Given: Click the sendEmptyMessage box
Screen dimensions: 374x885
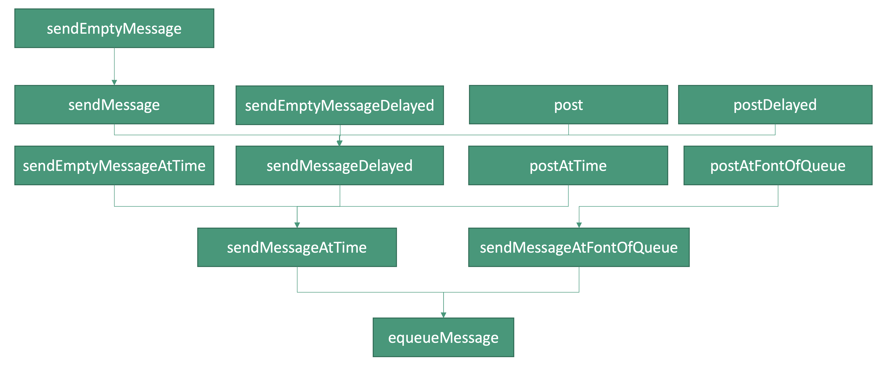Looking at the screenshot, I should pyautogui.click(x=114, y=28).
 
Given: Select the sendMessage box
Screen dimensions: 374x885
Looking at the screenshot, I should pyautogui.click(x=114, y=105).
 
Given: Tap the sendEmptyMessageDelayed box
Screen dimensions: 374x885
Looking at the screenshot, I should pyautogui.click(x=340, y=105).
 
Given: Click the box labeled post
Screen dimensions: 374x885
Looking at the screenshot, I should pyautogui.click(x=568, y=105).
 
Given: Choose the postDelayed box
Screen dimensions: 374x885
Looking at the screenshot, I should pyautogui.click(x=775, y=105).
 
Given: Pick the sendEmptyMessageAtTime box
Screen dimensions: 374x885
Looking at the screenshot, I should pyautogui.click(x=114, y=165).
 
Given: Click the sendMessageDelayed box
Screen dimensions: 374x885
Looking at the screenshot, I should pyautogui.click(x=340, y=165).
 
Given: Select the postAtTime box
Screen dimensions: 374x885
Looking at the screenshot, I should pyautogui.click(x=568, y=165).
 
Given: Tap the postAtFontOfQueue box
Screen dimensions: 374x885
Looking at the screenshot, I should pyautogui.click(x=778, y=165).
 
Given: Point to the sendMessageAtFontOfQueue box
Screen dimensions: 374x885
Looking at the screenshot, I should pyautogui.click(x=579, y=247).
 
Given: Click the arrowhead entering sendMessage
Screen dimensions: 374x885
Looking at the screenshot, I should pyautogui.click(x=114, y=82).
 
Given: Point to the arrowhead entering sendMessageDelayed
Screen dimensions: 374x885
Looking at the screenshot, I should pyautogui.click(x=340, y=143).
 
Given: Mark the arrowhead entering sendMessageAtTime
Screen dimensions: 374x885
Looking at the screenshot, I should pyautogui.click(x=297, y=225).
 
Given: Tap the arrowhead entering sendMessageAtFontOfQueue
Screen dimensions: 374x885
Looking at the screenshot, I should pyautogui.click(x=579, y=225).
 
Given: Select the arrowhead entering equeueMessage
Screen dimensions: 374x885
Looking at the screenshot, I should pyautogui.click(x=443, y=315).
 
